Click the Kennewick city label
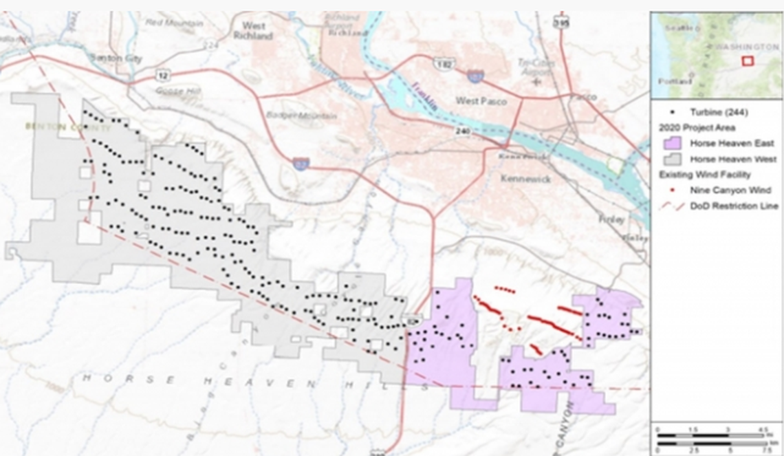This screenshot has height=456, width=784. (525, 179)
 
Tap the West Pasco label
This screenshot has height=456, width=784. (481, 101)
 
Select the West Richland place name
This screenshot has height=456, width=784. (252, 31)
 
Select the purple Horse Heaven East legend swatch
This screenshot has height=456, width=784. (672, 143)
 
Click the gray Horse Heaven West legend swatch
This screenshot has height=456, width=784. (672, 159)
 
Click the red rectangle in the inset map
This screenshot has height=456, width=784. (747, 61)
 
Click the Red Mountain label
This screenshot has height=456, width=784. (174, 23)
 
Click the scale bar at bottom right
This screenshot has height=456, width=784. (716, 441)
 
